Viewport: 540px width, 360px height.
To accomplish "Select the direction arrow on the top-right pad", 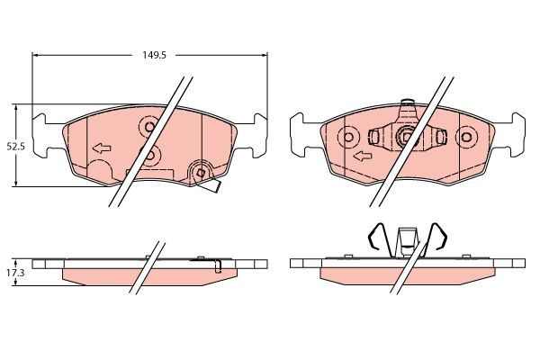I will click(362, 157).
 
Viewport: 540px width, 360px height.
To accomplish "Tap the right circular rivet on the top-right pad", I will click(465, 138).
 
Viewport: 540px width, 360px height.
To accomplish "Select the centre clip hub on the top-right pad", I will click(406, 138).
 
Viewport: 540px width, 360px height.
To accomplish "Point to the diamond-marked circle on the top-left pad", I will click(201, 172).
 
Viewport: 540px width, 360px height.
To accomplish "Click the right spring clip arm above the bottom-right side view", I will click(440, 238).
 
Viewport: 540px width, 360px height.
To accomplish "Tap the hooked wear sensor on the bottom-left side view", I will click(219, 265).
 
